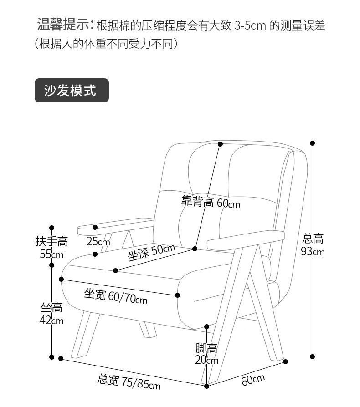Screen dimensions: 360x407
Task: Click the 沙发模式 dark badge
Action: pos(72,90)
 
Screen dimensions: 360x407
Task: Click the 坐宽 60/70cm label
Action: pos(115,296)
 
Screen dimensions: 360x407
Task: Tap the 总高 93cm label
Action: pos(313,244)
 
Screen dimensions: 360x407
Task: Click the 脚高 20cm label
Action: pos(206,354)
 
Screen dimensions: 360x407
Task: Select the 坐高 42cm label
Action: pos(51,314)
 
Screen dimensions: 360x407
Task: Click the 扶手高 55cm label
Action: pos(51,247)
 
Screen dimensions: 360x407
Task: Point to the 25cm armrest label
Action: pos(98,241)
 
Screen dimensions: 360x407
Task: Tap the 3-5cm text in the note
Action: pos(250,25)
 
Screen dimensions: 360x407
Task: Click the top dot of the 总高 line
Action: pos(313,143)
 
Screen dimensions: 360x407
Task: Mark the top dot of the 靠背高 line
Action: pos(220,144)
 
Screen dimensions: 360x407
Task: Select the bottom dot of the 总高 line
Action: pos(313,356)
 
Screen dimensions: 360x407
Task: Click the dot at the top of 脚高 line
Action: pos(206,326)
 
